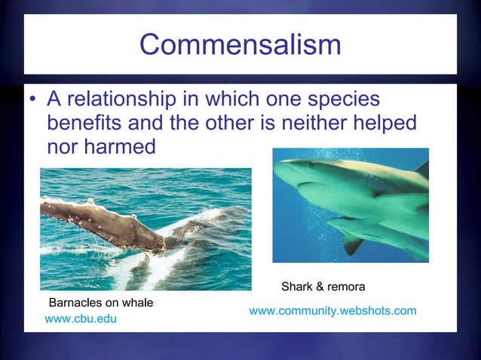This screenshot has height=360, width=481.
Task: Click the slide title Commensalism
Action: tap(240, 45)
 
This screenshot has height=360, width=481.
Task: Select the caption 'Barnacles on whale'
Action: tap(101, 303)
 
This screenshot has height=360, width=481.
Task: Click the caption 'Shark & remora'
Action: tap(323, 287)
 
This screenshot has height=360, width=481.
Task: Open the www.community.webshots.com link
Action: tap(332, 310)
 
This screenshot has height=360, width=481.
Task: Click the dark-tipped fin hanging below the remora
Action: tap(352, 244)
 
